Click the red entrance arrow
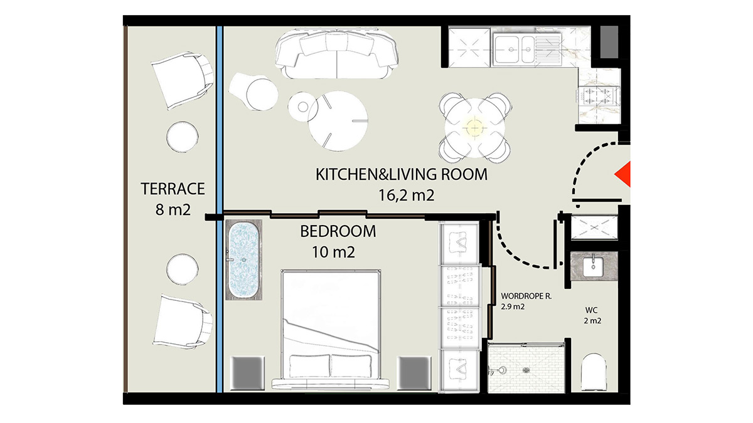pyautogui.click(x=622, y=174)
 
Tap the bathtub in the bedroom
pyautogui.click(x=242, y=259)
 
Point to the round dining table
pyautogui.click(x=474, y=127)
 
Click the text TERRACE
pyautogui.click(x=173, y=188)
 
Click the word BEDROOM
pyautogui.click(x=338, y=231)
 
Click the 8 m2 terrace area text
pyautogui.click(x=173, y=209)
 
